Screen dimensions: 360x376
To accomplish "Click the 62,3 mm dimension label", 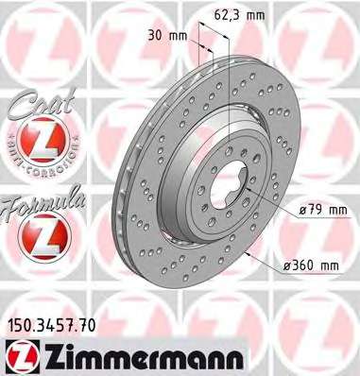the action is pos(239,15).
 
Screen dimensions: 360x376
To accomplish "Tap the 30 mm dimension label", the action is pos(167,36).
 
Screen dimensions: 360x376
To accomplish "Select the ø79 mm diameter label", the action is pos(323,210).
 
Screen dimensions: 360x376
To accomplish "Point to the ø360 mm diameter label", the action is pos(311,265).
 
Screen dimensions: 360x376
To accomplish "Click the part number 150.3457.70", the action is pos(50,326).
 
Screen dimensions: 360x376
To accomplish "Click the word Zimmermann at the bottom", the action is pos(145,357).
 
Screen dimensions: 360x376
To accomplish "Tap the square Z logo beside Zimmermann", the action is pos(23,357).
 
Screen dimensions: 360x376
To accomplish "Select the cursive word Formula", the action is pos(43,204).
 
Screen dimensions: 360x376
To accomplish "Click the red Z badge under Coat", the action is pos(44,140).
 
